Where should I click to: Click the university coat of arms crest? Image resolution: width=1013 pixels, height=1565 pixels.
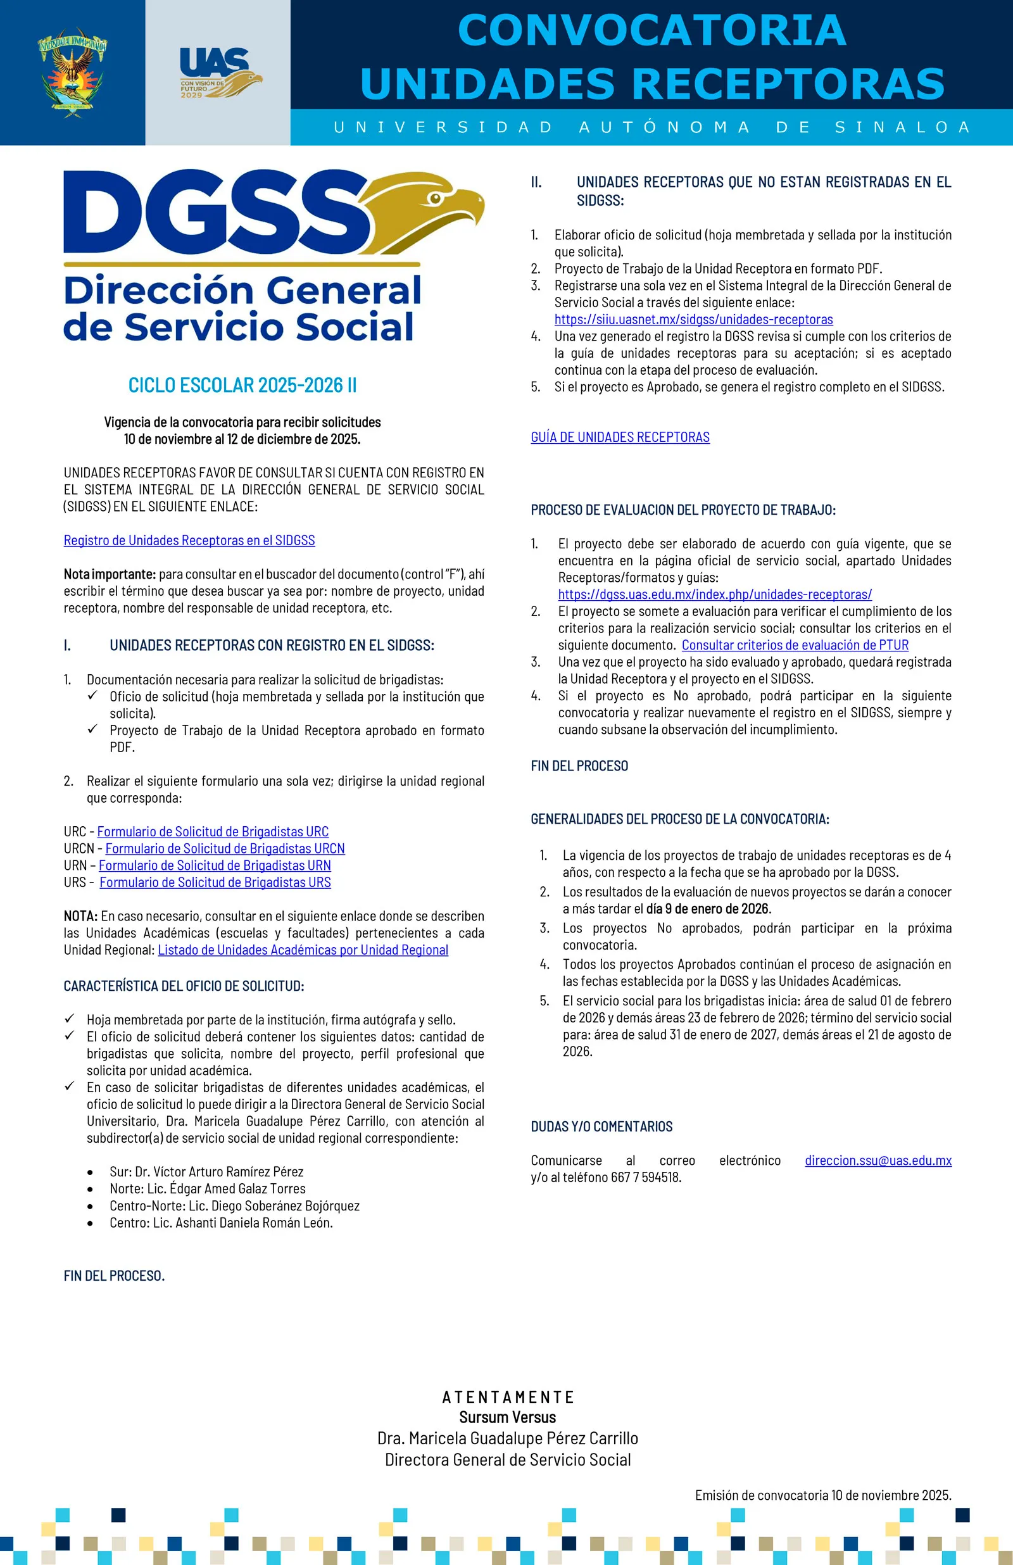click(72, 72)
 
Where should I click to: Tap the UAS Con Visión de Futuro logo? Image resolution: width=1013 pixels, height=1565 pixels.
click(219, 73)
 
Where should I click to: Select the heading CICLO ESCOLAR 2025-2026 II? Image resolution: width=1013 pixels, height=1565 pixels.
click(242, 386)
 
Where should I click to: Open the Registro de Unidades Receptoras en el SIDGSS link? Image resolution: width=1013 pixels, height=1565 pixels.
click(189, 541)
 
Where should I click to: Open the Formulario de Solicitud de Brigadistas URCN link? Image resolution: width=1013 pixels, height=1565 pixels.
click(225, 849)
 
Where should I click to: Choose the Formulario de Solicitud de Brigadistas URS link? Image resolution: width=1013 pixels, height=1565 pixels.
click(215, 883)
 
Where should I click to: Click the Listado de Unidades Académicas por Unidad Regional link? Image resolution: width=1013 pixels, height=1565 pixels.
click(303, 950)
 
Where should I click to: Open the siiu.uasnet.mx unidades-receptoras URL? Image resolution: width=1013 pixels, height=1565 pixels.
click(693, 320)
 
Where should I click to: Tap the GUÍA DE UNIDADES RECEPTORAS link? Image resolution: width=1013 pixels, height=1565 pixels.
click(620, 437)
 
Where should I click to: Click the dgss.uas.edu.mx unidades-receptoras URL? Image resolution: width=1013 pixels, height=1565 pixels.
click(714, 594)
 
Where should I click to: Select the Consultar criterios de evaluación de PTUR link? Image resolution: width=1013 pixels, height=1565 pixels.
click(795, 645)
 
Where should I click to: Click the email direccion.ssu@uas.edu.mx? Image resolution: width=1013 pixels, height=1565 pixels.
click(878, 1160)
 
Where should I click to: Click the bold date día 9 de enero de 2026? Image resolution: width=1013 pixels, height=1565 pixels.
click(707, 908)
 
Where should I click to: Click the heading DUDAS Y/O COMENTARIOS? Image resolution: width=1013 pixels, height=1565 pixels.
click(601, 1127)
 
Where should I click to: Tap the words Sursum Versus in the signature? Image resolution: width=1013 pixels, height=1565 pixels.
click(507, 1417)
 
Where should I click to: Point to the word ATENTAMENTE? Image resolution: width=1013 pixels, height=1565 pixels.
click(507, 1397)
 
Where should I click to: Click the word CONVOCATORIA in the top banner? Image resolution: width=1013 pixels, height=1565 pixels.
click(651, 30)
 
